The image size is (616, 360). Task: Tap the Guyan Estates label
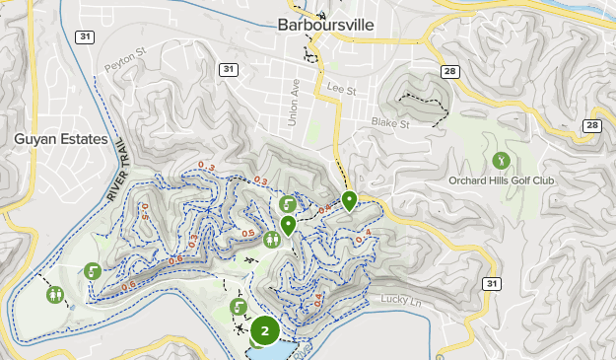coord(60,140)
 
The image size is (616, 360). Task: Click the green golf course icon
coord(501,160)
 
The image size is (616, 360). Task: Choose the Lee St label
coord(342,88)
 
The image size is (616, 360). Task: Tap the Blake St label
coord(389,123)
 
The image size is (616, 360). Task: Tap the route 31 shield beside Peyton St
coord(229,69)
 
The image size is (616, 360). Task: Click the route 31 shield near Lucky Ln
coord(492,283)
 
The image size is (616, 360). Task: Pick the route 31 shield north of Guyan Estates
coord(86,36)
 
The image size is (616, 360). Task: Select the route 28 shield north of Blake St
coord(449,71)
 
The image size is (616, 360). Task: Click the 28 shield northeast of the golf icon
coord(591,125)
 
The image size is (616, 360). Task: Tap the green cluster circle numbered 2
coord(264,331)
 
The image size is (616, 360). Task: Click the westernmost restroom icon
coord(55,293)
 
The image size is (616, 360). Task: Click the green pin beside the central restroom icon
coord(288,225)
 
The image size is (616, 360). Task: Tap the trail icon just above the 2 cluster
coord(238,307)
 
